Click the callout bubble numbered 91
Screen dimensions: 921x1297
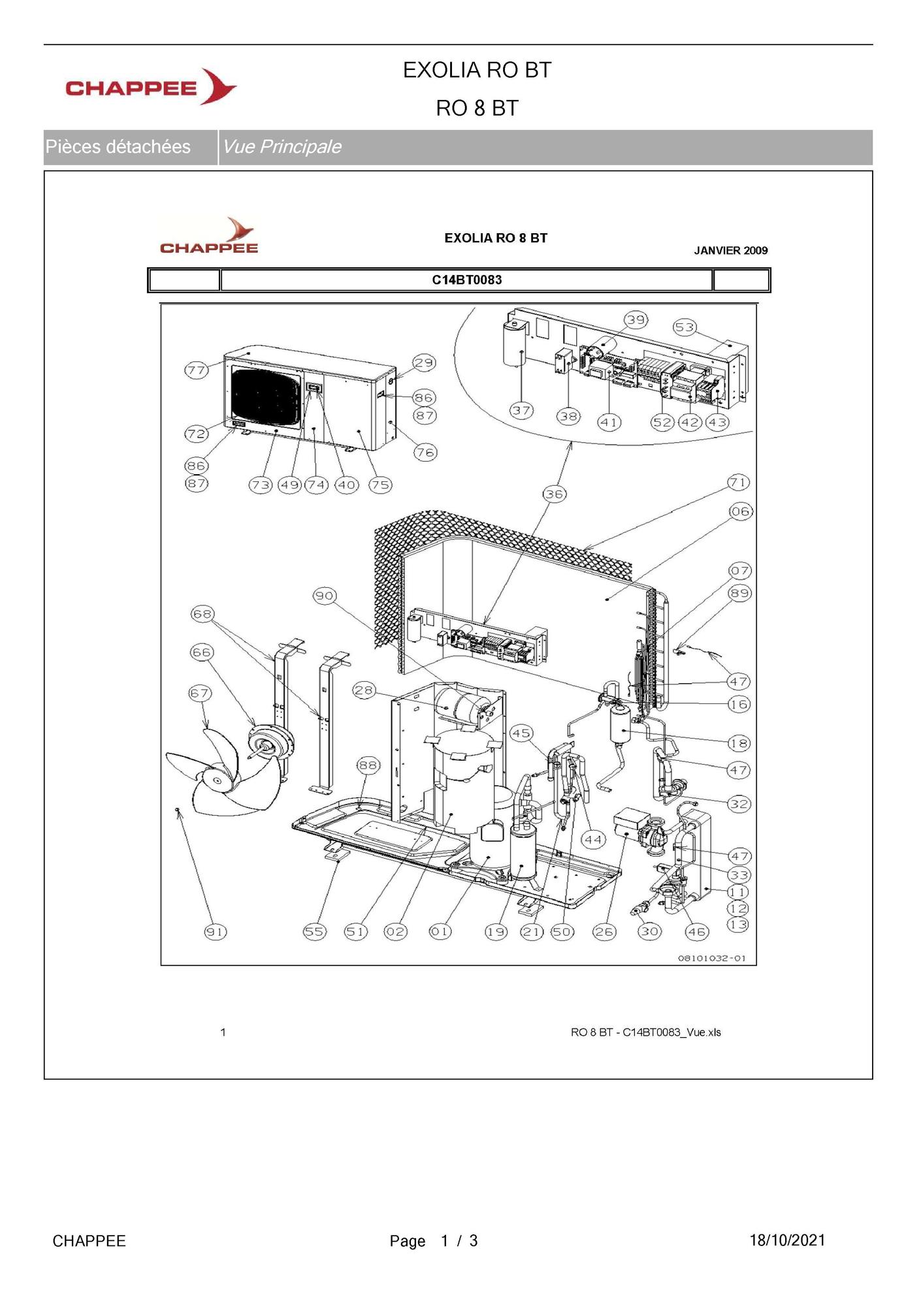216,932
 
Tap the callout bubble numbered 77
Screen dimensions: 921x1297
197,370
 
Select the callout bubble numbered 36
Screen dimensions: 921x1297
555,494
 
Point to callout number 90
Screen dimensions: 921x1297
325,596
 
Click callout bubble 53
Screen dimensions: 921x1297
685,327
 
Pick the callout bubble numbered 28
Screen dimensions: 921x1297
364,690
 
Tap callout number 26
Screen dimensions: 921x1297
604,932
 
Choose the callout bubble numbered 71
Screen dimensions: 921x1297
739,483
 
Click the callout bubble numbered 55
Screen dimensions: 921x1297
314,932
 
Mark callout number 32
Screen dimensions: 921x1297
739,804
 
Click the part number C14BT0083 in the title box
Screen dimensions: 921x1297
467,280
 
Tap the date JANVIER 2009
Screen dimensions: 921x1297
731,251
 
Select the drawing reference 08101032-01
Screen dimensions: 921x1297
712,958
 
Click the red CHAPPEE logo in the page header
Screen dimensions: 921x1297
151,87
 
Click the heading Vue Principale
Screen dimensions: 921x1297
282,146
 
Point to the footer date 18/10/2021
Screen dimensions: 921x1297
787,1240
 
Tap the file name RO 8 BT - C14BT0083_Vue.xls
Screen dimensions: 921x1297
646,1033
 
